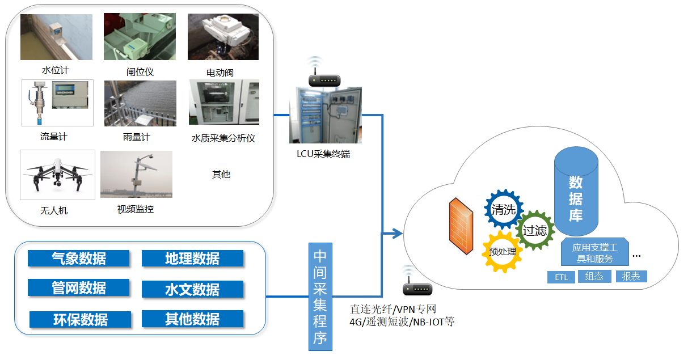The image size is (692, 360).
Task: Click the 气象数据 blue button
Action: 78,259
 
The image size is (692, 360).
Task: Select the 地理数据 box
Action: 192,259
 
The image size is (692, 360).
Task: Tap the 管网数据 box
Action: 78,288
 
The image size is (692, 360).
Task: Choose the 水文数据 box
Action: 192,290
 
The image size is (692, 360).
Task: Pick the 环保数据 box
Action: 80,319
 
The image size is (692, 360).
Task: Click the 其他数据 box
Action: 192,319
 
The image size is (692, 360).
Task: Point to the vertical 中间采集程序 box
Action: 320,297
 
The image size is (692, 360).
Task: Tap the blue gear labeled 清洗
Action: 504,209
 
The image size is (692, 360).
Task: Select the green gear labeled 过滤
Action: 535,230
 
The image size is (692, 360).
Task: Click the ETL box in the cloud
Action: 562,277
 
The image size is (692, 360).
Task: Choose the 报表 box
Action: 631,277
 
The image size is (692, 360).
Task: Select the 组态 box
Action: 594,277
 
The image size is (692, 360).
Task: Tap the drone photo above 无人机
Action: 57,175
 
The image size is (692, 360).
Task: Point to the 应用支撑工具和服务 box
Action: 594,253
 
